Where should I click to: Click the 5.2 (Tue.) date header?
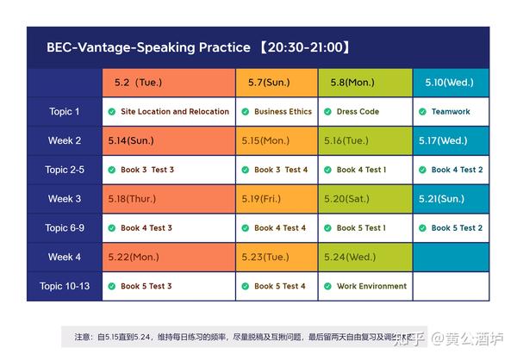tap(138, 83)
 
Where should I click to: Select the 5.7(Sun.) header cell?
tap(269, 83)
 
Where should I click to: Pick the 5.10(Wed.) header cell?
tap(449, 83)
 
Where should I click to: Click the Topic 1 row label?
tap(65, 112)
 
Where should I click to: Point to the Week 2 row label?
tap(65, 140)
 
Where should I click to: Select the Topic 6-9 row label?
tap(65, 228)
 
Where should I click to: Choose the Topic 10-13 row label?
tap(65, 286)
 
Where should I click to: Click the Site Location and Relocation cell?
tap(169, 112)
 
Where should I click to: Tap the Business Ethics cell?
tap(277, 112)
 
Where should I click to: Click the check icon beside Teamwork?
tap(422, 112)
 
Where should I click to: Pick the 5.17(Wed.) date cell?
tap(443, 140)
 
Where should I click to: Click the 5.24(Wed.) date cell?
tap(350, 257)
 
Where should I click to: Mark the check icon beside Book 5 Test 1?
tap(328, 228)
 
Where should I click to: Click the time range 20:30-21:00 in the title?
tap(306, 48)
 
